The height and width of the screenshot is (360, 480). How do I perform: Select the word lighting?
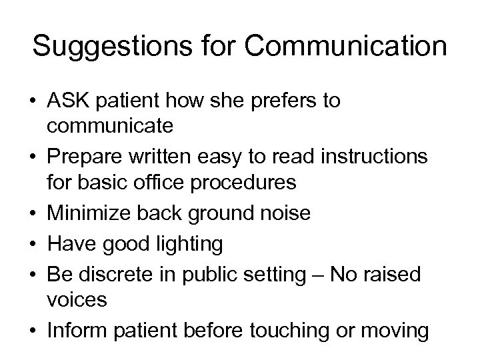tap(193, 245)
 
